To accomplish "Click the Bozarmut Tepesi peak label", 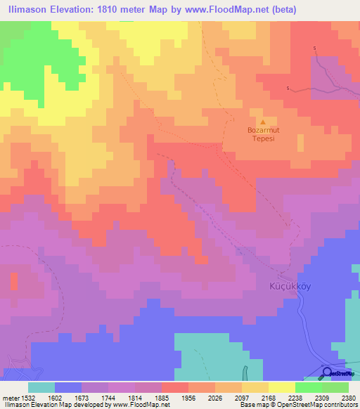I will click(264, 134).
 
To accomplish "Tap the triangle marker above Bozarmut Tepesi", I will click(264, 121).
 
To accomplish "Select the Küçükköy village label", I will click(286, 286).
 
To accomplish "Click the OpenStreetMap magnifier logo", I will click(328, 372).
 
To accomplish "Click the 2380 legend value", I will click(348, 397).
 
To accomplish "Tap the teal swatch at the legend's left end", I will click(41, 387).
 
